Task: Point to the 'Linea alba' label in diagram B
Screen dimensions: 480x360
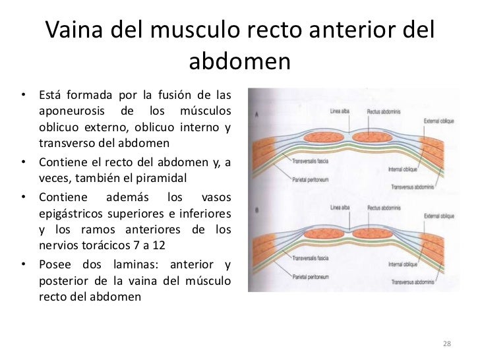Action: click(340, 206)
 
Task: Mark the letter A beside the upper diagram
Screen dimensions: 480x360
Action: click(256, 113)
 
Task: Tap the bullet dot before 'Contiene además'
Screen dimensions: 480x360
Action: click(24, 197)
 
